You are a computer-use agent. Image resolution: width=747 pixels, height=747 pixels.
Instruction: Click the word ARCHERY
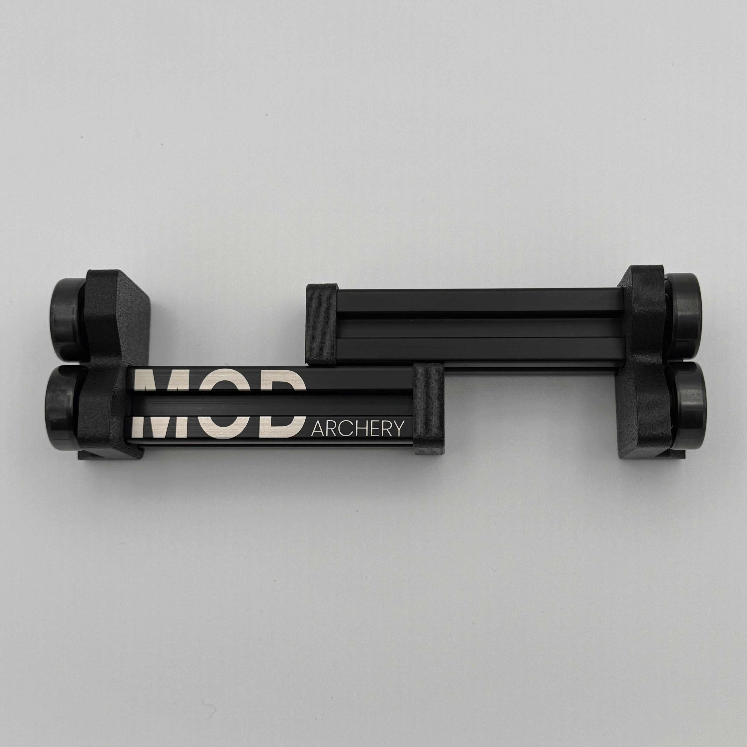(x=358, y=428)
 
